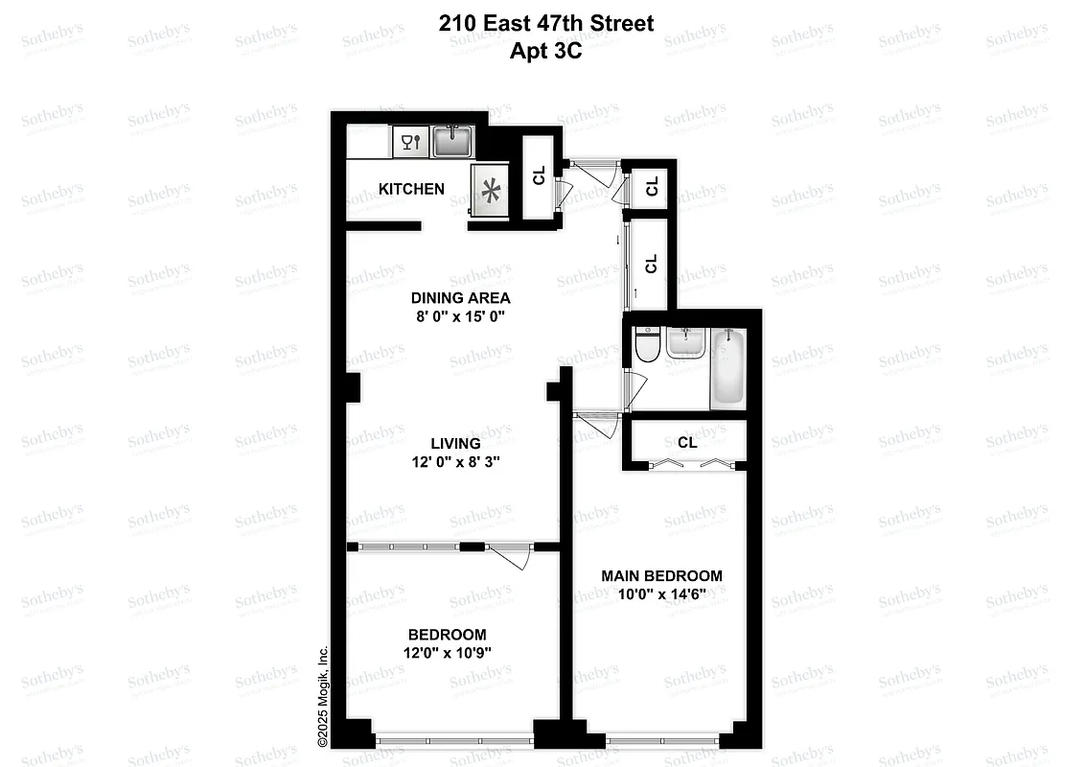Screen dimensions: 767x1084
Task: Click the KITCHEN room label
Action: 411,189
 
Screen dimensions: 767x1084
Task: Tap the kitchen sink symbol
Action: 452,143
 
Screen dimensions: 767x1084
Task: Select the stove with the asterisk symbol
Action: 493,192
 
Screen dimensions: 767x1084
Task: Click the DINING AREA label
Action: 460,297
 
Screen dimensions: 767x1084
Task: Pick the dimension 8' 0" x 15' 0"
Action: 460,315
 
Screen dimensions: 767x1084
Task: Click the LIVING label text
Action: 455,444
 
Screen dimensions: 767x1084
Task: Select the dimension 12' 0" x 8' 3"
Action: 455,462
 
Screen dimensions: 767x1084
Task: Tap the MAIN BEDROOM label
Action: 661,575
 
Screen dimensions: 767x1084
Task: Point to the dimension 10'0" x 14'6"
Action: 661,593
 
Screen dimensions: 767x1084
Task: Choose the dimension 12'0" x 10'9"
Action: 447,653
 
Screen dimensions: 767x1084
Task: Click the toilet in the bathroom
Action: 646,346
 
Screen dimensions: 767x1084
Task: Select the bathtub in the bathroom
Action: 728,368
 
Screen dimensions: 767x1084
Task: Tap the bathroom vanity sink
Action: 683,342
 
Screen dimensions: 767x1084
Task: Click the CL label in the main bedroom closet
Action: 687,443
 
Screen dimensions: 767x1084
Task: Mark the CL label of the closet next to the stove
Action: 539,175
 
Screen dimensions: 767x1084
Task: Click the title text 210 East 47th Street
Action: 546,24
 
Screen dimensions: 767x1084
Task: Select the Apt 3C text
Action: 546,51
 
